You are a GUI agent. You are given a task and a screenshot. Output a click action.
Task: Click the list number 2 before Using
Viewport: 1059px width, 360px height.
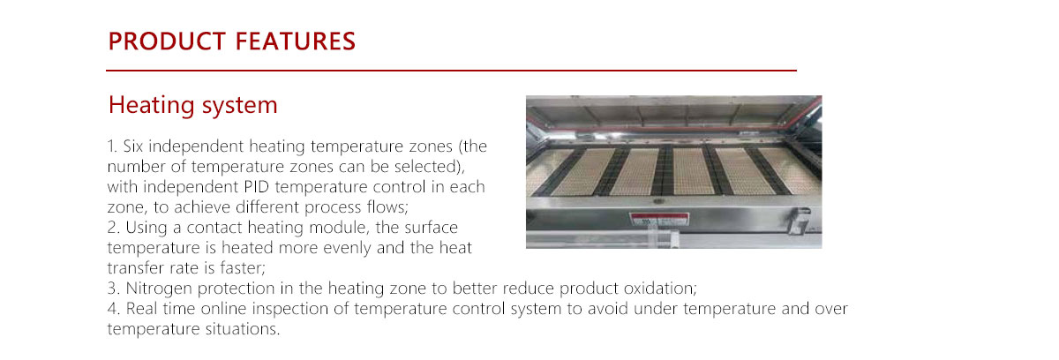coord(112,228)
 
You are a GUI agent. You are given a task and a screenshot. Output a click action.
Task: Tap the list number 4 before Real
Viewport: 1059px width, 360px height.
coord(112,309)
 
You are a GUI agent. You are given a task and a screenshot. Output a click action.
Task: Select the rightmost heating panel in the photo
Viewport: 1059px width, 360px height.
coord(788,169)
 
